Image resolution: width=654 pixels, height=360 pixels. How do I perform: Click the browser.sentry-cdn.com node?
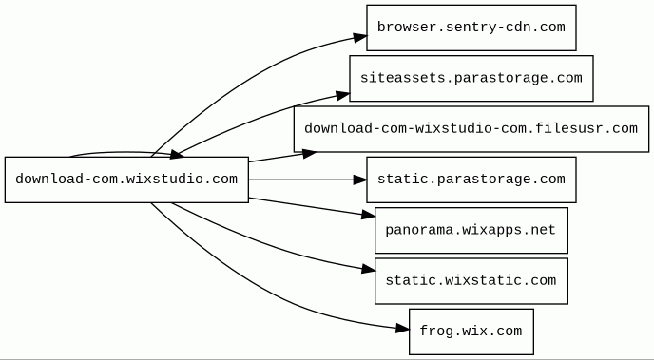point(471,28)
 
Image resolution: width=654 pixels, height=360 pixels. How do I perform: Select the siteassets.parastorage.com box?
point(471,78)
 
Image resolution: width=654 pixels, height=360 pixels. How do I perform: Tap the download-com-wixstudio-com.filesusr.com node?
point(471,129)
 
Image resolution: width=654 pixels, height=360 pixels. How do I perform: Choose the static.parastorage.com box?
point(471,180)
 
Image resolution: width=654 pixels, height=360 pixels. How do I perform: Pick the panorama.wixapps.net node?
point(471,231)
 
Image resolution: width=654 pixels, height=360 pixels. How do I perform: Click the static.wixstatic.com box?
point(471,281)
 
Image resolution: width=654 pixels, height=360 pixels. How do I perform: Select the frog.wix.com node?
point(471,332)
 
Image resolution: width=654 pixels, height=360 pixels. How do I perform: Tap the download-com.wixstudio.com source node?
point(126,180)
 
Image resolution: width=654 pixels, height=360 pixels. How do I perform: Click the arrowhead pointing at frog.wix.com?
point(402,329)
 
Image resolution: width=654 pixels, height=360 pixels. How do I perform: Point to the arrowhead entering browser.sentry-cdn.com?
point(360,37)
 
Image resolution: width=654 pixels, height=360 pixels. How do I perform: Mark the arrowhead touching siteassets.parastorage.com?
point(343,96)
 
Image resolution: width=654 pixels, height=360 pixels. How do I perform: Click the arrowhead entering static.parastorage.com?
point(360,180)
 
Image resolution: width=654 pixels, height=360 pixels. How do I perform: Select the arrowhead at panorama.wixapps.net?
point(368,215)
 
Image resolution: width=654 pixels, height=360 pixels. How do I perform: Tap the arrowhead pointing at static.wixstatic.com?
point(368,269)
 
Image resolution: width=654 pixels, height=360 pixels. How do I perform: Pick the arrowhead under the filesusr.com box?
point(310,153)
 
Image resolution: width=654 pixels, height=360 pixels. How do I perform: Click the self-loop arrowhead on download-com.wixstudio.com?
point(176,155)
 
